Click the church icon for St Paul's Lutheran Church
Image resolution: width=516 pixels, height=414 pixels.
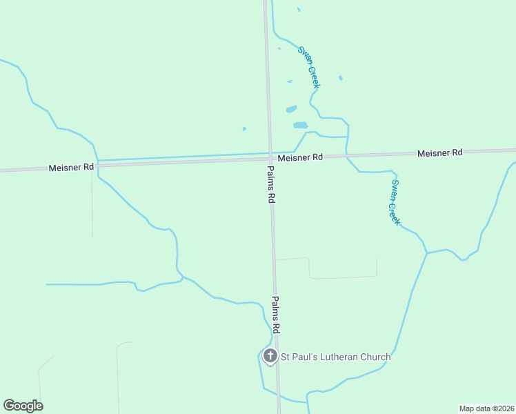point(270,356)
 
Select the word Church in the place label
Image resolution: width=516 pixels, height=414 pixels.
point(375,357)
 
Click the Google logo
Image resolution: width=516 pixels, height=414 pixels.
point(23,406)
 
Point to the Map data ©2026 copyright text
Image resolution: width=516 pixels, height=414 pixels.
point(486,408)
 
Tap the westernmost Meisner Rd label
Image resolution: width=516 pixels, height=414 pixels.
point(71,168)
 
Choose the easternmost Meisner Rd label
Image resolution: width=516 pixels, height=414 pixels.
point(439,152)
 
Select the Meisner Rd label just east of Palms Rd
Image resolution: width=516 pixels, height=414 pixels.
point(300,157)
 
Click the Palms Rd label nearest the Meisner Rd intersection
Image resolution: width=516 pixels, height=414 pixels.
point(272,184)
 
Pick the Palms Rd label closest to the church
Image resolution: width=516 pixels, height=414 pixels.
point(278,315)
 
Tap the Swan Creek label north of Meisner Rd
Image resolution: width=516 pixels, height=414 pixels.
point(308,66)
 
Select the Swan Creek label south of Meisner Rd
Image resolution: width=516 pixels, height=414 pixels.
point(395,201)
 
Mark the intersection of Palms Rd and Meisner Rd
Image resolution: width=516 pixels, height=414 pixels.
point(270,159)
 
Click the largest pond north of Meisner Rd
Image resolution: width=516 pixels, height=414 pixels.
point(300,126)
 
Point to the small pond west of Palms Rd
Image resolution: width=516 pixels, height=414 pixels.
point(244,128)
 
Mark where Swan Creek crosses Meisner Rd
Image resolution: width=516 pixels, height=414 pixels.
point(347,156)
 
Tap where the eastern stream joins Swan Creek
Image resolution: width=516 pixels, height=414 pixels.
point(427,253)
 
